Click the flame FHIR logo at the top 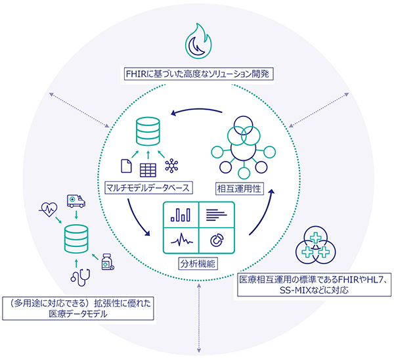coord(198,41)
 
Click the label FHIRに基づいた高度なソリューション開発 coord(198,73)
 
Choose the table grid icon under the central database coord(148,168)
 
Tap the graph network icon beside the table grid coord(173,167)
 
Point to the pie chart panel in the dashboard coord(216,240)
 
